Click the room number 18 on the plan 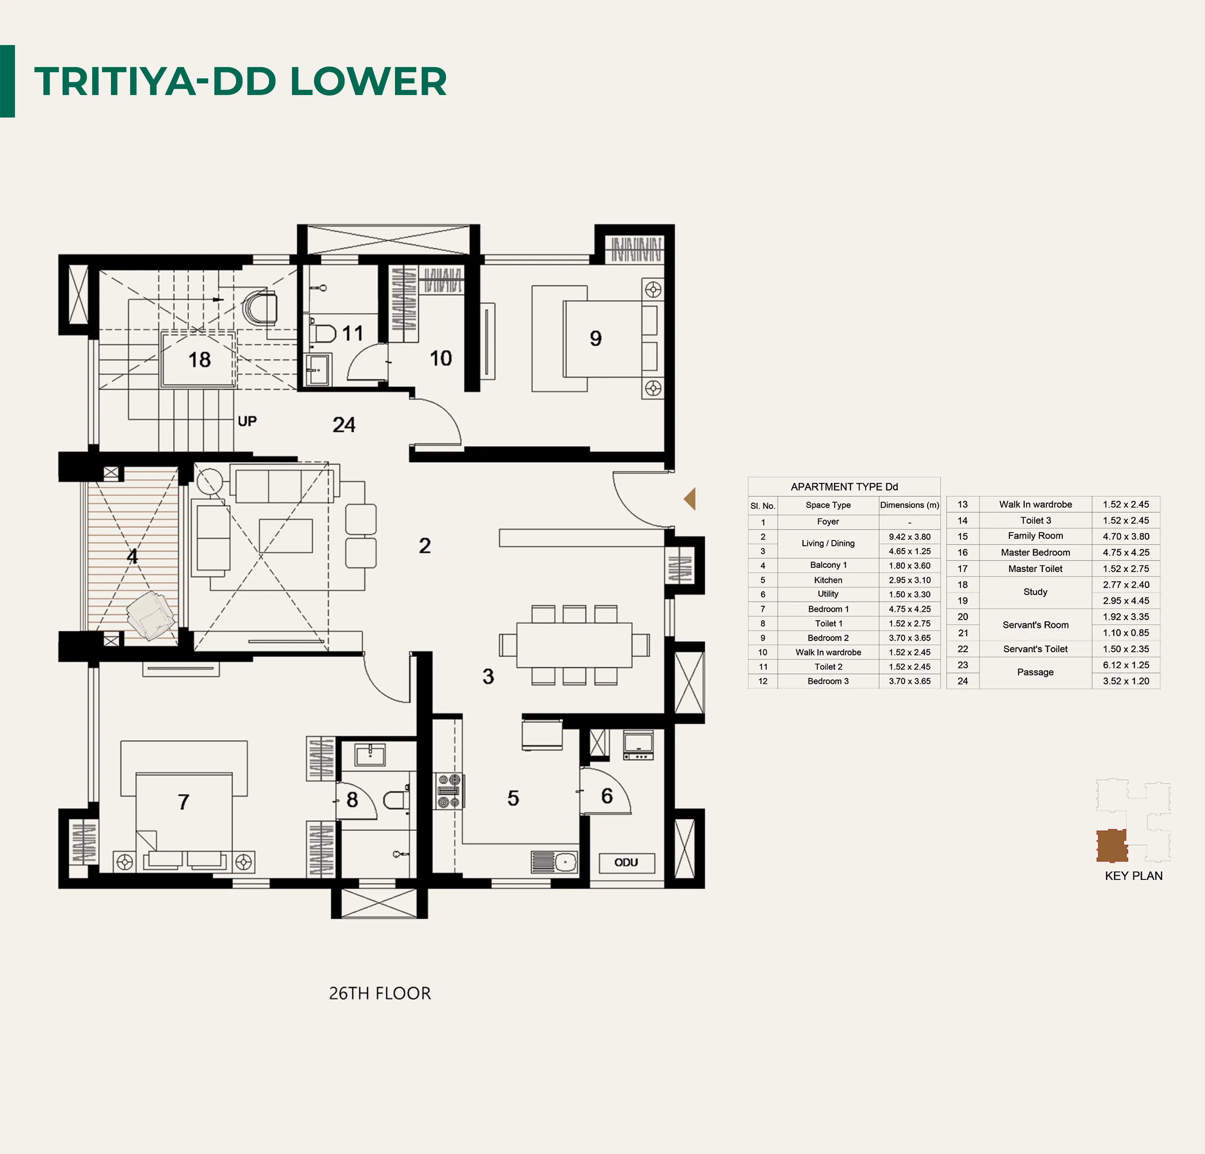[x=199, y=359]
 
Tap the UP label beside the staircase [x=247, y=421]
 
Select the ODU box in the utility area [x=626, y=862]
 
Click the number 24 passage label [x=344, y=424]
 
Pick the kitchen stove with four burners [x=449, y=791]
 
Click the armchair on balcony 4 [x=151, y=615]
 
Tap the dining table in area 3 [x=574, y=645]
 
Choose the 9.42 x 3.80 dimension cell [x=909, y=537]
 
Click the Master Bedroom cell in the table [x=1035, y=552]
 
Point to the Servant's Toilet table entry [x=1035, y=649]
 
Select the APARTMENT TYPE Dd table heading [x=844, y=487]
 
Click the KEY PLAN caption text [x=1133, y=876]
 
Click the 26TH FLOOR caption [x=380, y=993]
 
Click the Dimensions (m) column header [x=909, y=505]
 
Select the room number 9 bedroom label [x=595, y=338]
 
